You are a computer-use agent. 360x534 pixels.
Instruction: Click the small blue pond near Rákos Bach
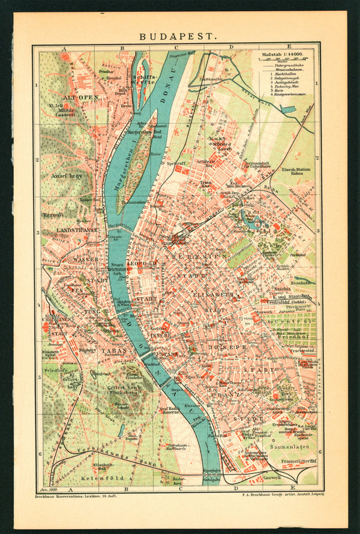coord(287,109)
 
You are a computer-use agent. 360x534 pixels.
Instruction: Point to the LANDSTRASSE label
coord(77,230)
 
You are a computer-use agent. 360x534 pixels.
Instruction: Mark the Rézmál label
coord(52,214)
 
